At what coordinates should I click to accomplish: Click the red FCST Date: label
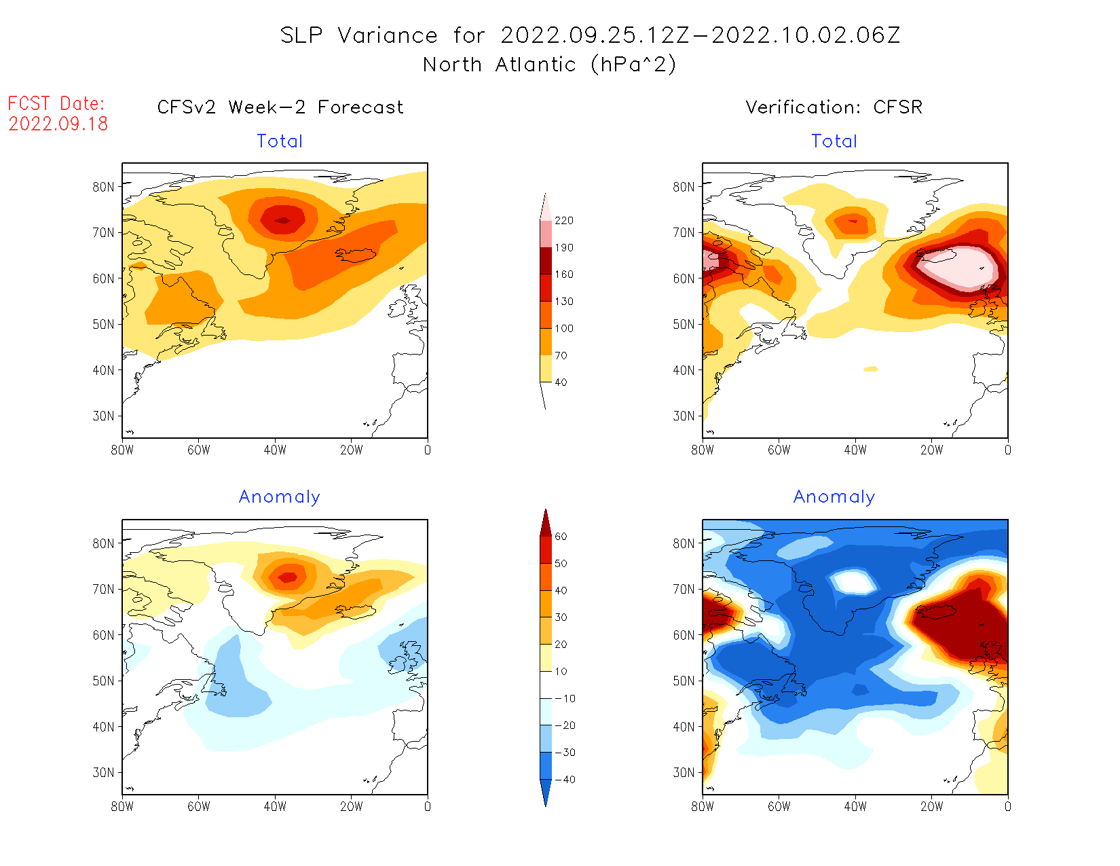pos(56,104)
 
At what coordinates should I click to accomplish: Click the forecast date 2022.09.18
pos(58,124)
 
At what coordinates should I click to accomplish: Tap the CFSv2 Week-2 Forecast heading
pos(280,107)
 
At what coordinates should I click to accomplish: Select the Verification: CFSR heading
pos(834,107)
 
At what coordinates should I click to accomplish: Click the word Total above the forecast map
pos(280,141)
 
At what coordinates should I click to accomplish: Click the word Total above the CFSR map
pos(834,141)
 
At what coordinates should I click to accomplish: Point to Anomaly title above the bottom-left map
pos(280,497)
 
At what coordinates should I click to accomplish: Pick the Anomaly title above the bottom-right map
pos(834,497)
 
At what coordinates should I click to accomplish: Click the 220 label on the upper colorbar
pos(564,221)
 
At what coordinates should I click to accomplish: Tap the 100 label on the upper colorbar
pos(564,329)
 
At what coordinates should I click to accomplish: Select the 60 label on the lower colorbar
pos(561,537)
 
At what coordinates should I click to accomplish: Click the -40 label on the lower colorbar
pos(565,780)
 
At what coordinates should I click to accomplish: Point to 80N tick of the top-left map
pos(104,187)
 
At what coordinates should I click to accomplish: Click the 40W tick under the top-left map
pos(275,450)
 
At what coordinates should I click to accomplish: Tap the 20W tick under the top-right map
pos(931,450)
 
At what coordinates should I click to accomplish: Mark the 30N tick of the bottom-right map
pos(684,772)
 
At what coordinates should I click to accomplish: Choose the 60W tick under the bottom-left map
pos(199,806)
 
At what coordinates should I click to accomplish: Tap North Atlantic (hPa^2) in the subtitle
pos(550,65)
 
